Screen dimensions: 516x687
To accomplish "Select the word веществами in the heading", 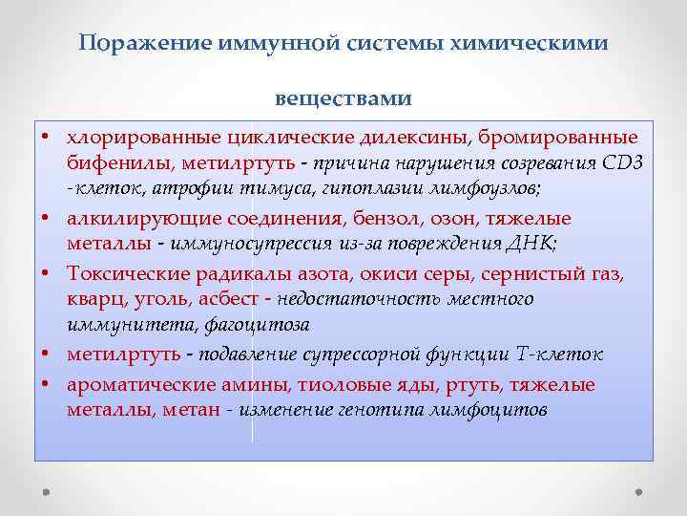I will click(343, 97).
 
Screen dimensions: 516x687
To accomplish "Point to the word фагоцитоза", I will click(257, 324).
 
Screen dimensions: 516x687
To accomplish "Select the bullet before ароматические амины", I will click(45, 385).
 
